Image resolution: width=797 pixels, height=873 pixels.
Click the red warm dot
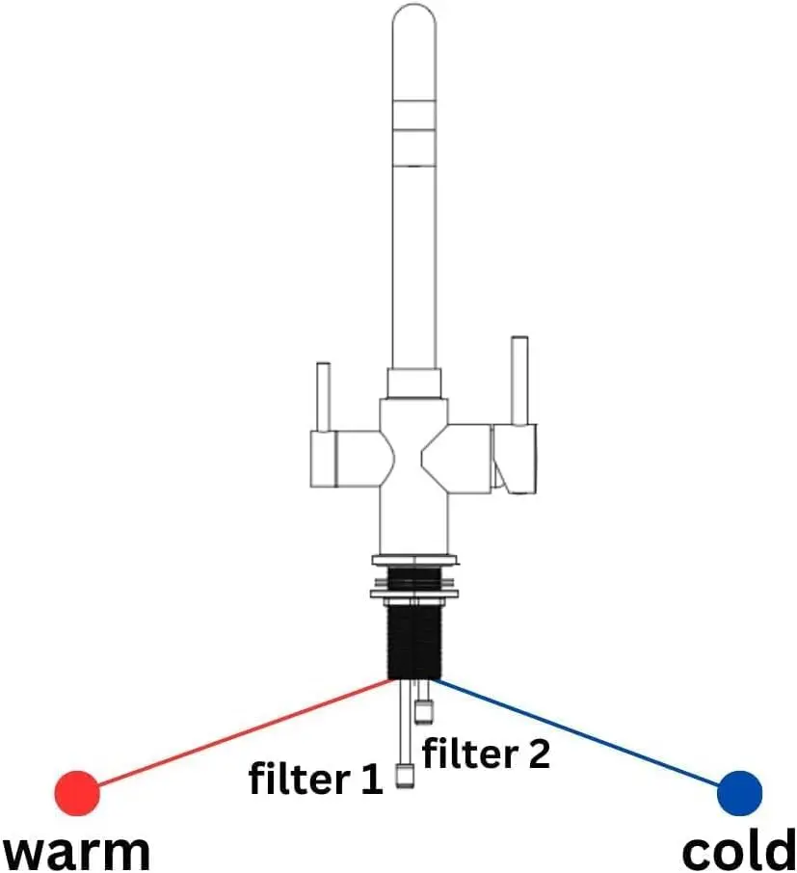tap(77, 792)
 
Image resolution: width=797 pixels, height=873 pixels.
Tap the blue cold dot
tap(740, 792)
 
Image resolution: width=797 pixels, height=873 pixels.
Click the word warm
tap(77, 852)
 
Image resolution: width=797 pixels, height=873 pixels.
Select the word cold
tap(738, 852)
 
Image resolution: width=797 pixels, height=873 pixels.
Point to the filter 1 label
tap(316, 779)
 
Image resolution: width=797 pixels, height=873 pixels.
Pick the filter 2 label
tap(487, 753)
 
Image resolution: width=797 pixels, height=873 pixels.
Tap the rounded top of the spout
tap(414, 19)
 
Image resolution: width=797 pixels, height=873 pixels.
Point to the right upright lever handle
tap(519, 380)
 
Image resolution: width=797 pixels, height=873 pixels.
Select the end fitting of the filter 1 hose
tap(406, 776)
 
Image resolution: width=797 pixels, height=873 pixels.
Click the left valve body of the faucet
tap(342, 458)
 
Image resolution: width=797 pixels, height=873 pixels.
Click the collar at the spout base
tap(414, 383)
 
